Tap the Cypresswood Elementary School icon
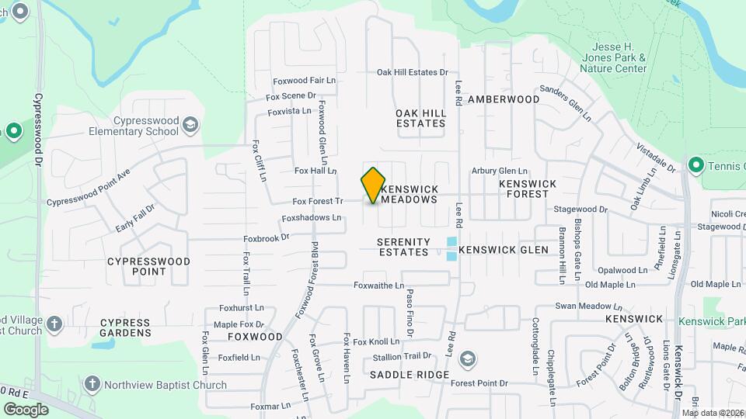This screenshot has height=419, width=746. pyautogui.click(x=190, y=125)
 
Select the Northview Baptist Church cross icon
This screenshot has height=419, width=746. pyautogui.click(x=92, y=384)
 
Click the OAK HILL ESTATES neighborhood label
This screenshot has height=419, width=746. pyautogui.click(x=421, y=118)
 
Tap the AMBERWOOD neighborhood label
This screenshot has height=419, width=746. pyautogui.click(x=504, y=99)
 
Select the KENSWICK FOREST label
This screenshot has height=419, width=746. pyautogui.click(x=528, y=189)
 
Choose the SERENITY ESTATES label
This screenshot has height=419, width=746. pyautogui.click(x=403, y=247)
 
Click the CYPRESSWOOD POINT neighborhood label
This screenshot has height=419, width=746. pyautogui.click(x=148, y=266)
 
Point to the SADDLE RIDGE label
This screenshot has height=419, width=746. pyautogui.click(x=410, y=375)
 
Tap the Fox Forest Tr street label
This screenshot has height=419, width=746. pyautogui.click(x=317, y=201)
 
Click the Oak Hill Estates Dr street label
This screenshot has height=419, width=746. pyautogui.click(x=413, y=72)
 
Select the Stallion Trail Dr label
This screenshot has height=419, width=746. pyautogui.click(x=402, y=356)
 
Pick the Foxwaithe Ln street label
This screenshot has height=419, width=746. pyautogui.click(x=379, y=286)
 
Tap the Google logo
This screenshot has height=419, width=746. pyautogui.click(x=26, y=409)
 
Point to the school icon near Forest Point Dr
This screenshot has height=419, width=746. pyautogui.click(x=467, y=358)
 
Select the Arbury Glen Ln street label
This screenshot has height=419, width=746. pyautogui.click(x=500, y=171)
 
